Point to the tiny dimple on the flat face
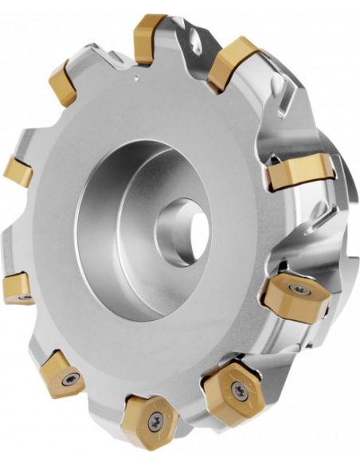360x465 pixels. (136, 77)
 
